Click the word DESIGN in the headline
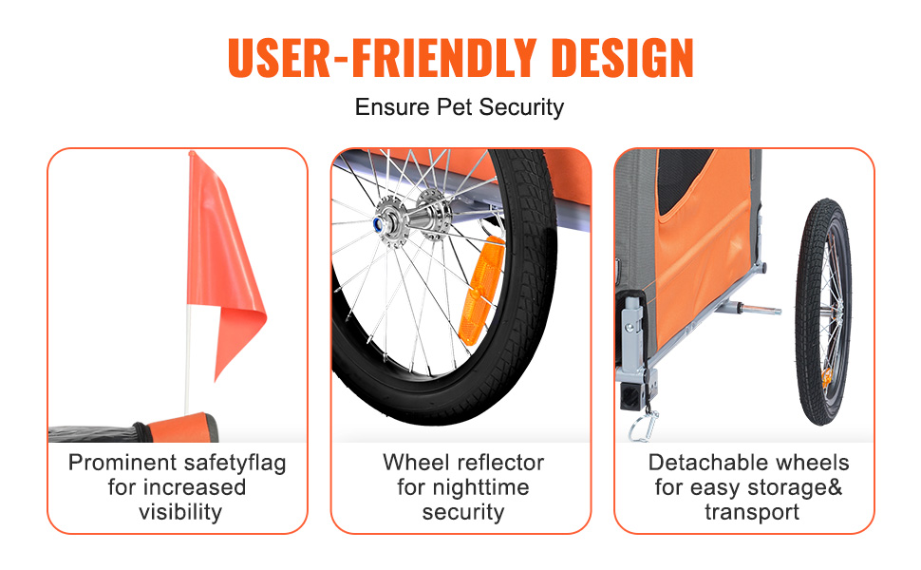(x=623, y=58)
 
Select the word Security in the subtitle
(x=521, y=108)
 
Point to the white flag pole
(x=188, y=358)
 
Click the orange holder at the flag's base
(x=182, y=427)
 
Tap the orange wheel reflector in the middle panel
(x=481, y=292)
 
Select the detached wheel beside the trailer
(x=823, y=312)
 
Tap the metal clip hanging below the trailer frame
(x=644, y=425)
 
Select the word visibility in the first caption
(x=180, y=512)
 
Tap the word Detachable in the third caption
(x=699, y=463)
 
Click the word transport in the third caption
(x=752, y=512)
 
